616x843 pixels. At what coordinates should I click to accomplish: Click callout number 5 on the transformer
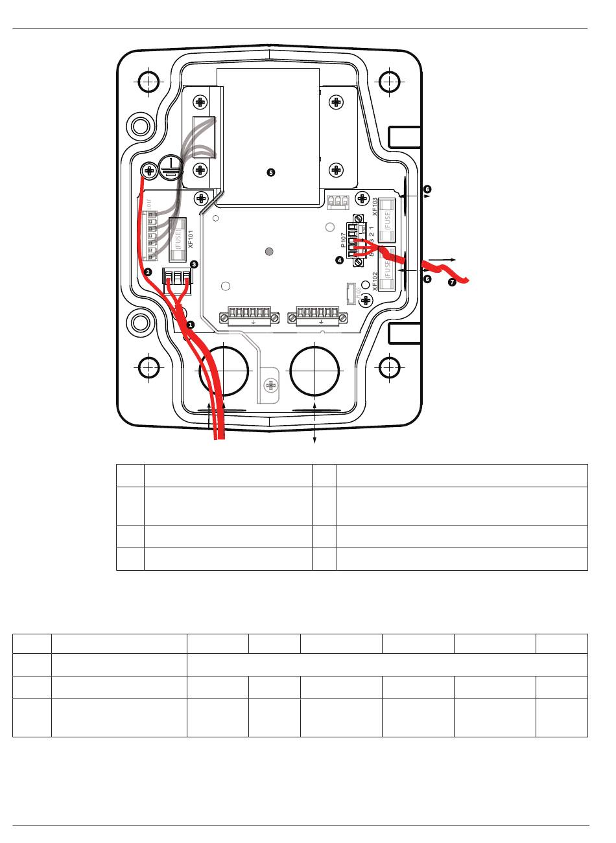tap(271, 172)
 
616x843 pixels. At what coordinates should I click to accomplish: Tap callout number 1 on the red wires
tap(191, 323)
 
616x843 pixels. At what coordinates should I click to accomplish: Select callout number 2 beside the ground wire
tap(148, 272)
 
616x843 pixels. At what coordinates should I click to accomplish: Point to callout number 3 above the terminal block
tap(194, 264)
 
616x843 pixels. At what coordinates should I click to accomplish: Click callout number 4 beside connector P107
tap(338, 260)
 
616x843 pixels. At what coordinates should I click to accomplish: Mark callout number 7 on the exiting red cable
tap(452, 282)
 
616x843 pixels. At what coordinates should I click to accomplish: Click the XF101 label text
tap(191, 240)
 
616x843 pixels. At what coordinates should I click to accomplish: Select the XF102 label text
tap(375, 282)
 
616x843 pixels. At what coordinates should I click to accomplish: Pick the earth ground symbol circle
tap(171, 165)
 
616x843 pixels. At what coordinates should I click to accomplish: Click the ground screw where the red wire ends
tap(148, 170)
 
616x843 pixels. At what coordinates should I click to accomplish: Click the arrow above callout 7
tap(442, 259)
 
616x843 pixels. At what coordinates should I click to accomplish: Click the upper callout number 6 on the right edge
tap(427, 189)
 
